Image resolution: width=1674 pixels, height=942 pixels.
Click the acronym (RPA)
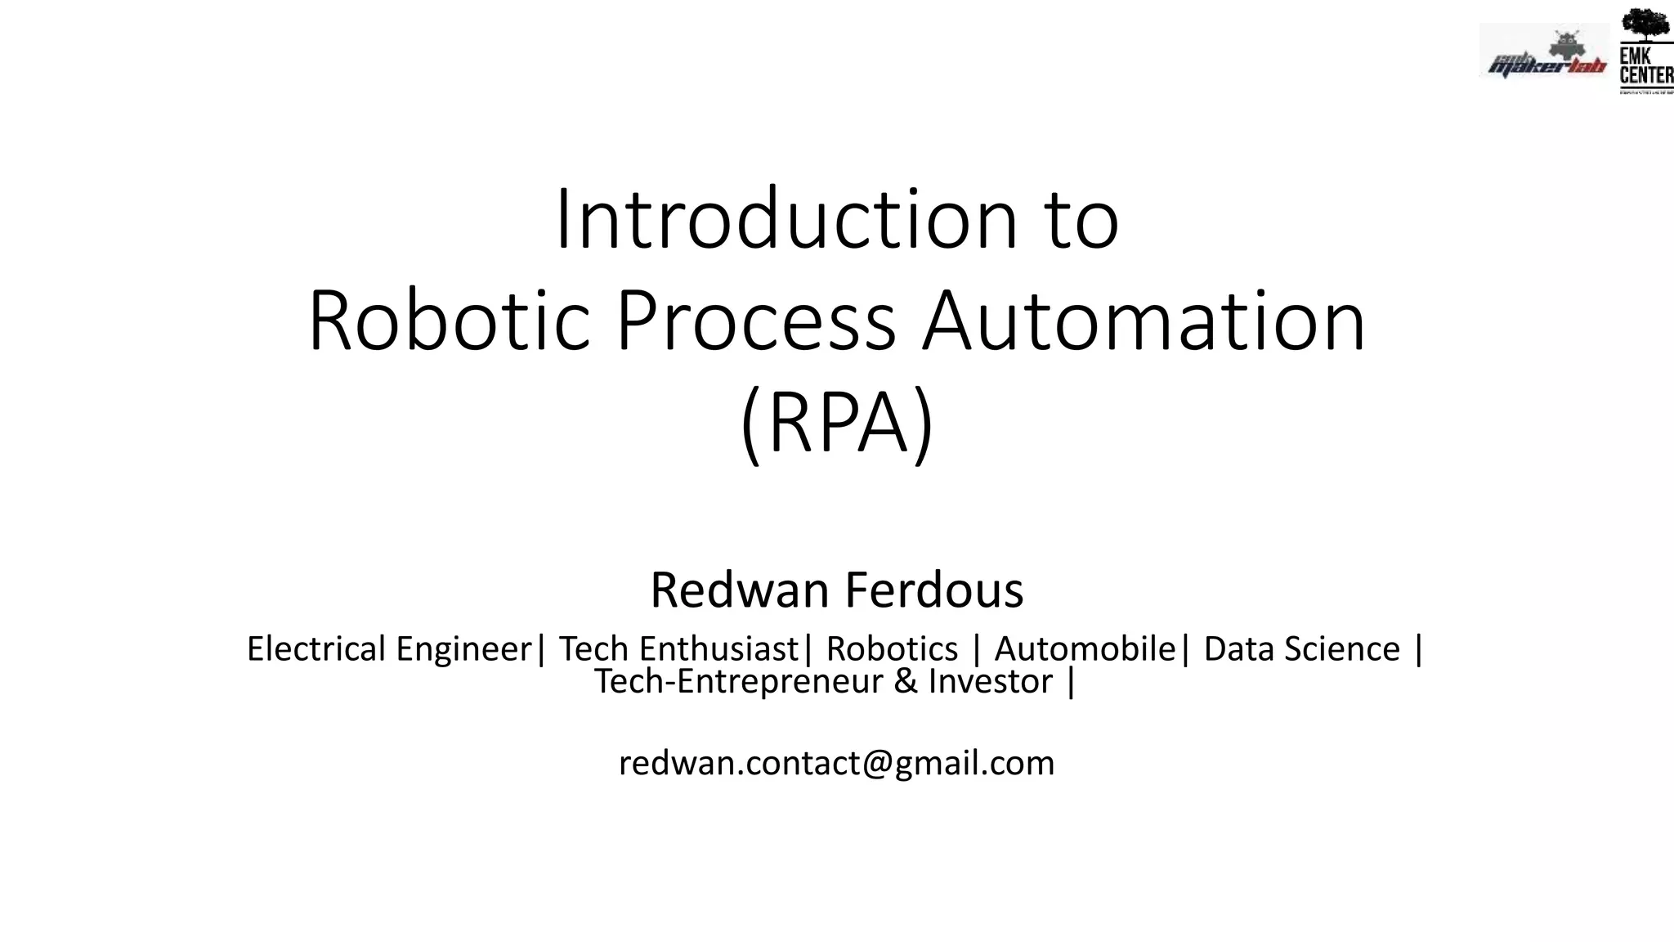pyautogui.click(x=837, y=424)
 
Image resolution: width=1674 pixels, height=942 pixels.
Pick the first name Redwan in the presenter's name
pyautogui.click(x=739, y=590)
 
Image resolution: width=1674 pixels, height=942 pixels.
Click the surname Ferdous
pyautogui.click(x=934, y=590)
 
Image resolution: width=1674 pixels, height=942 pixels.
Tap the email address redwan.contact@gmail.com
pyautogui.click(x=836, y=763)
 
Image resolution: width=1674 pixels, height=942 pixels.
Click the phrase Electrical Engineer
pyautogui.click(x=389, y=649)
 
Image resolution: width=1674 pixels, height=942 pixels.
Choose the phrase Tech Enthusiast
pyautogui.click(x=678, y=649)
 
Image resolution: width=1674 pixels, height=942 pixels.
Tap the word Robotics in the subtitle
pyautogui.click(x=892, y=649)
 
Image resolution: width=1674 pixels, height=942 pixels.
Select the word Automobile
pyautogui.click(x=1085, y=649)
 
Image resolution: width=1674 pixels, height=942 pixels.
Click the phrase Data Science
pyautogui.click(x=1301, y=649)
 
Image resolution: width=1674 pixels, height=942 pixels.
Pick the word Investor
pyautogui.click(x=990, y=682)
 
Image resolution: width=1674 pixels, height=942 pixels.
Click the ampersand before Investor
pyautogui.click(x=906, y=682)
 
